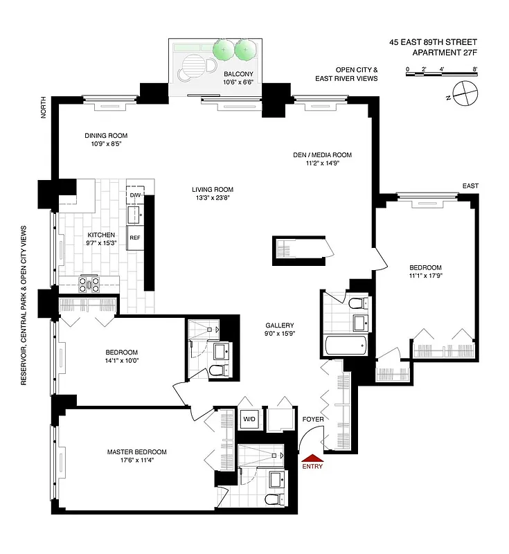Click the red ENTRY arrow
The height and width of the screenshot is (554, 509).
tap(312, 458)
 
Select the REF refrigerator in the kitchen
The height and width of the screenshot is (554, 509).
tap(135, 238)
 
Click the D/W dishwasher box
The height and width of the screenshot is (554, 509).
tap(135, 195)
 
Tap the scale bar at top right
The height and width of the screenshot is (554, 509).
tap(441, 72)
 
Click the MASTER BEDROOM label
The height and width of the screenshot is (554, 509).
tap(136, 452)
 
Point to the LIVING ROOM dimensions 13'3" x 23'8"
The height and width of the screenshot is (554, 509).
tap(213, 198)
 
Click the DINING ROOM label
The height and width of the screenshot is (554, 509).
tap(106, 136)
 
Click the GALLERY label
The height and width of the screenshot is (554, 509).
tap(280, 325)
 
